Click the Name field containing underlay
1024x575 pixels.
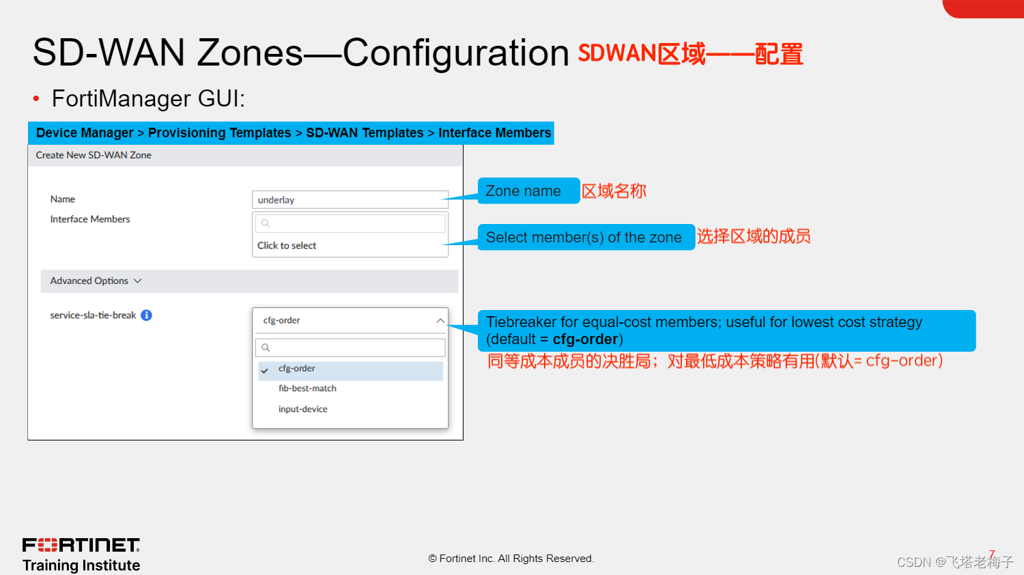pos(350,200)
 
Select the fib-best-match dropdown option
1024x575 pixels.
pos(307,389)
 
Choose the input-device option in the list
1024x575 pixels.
pos(302,409)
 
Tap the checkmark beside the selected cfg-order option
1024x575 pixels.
pos(265,370)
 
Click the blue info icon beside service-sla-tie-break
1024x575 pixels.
pos(146,315)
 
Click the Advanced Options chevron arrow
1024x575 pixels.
pos(138,281)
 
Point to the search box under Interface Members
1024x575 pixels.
pos(350,223)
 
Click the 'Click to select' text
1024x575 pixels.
pos(287,246)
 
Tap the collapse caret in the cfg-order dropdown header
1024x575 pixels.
pos(440,320)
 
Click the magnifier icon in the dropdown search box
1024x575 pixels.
pos(266,348)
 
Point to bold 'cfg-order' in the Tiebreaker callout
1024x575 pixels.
pos(585,339)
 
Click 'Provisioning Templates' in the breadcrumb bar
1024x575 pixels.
pos(219,133)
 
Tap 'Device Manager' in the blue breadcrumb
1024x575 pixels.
pos(85,133)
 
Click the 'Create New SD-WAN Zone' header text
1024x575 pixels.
pos(94,155)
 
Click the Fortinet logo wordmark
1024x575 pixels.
pos(81,545)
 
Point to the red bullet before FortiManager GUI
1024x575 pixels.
pos(36,98)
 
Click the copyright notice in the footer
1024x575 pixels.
pos(511,559)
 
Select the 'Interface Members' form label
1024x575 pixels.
pos(89,219)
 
